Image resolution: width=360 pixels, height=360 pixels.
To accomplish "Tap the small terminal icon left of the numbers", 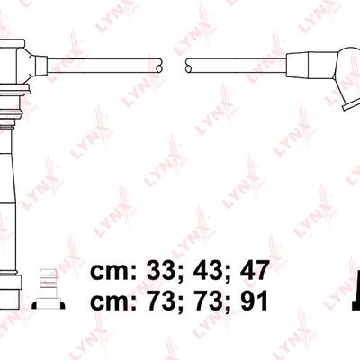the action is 49,289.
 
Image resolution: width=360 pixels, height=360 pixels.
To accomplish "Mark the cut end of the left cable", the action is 159,66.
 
